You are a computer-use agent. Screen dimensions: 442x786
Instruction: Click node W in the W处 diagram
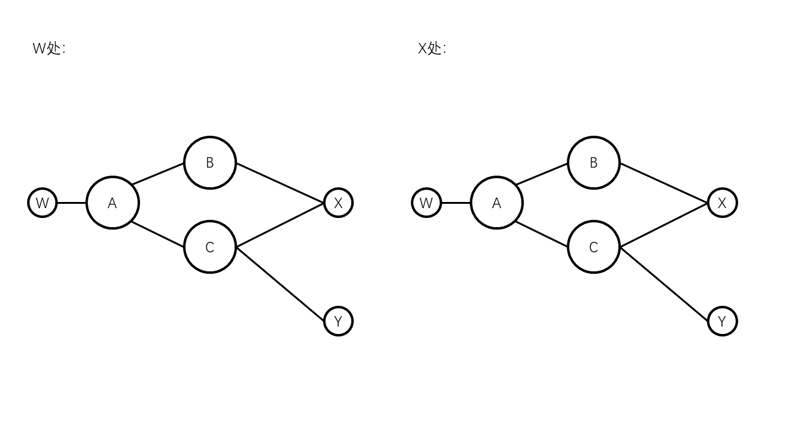pyautogui.click(x=42, y=203)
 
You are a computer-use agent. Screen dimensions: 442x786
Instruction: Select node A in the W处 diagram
pyautogui.click(x=112, y=203)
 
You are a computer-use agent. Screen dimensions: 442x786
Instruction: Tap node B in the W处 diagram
pyautogui.click(x=210, y=163)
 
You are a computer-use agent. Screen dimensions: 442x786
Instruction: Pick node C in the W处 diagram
pyautogui.click(x=210, y=247)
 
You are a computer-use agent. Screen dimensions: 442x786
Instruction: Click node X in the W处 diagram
pyautogui.click(x=338, y=203)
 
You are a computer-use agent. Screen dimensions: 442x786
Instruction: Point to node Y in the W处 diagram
pyautogui.click(x=338, y=321)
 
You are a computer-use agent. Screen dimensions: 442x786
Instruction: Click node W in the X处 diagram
pyautogui.click(x=426, y=203)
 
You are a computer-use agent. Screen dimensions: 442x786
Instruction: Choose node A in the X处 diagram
pyautogui.click(x=497, y=203)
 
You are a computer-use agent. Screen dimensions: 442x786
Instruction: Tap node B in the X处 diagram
pyautogui.click(x=594, y=163)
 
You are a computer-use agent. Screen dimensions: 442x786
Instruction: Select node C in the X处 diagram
pyautogui.click(x=594, y=247)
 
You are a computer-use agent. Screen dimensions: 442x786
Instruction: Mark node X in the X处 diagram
pyautogui.click(x=722, y=203)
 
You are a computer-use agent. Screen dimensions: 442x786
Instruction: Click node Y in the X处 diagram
pyautogui.click(x=722, y=321)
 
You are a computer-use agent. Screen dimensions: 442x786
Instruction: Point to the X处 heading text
pyautogui.click(x=432, y=48)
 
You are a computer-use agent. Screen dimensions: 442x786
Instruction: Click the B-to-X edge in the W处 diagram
pyautogui.click(x=280, y=183)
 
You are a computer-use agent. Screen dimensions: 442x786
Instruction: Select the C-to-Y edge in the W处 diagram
pyautogui.click(x=280, y=284)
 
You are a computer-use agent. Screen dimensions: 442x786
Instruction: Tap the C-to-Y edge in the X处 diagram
pyautogui.click(x=664, y=284)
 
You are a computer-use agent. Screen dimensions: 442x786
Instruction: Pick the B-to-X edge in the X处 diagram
pyautogui.click(x=664, y=183)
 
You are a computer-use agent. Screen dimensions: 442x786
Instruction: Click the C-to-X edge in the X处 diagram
pyautogui.click(x=664, y=225)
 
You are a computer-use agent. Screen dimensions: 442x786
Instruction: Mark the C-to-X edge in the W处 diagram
pyautogui.click(x=280, y=225)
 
